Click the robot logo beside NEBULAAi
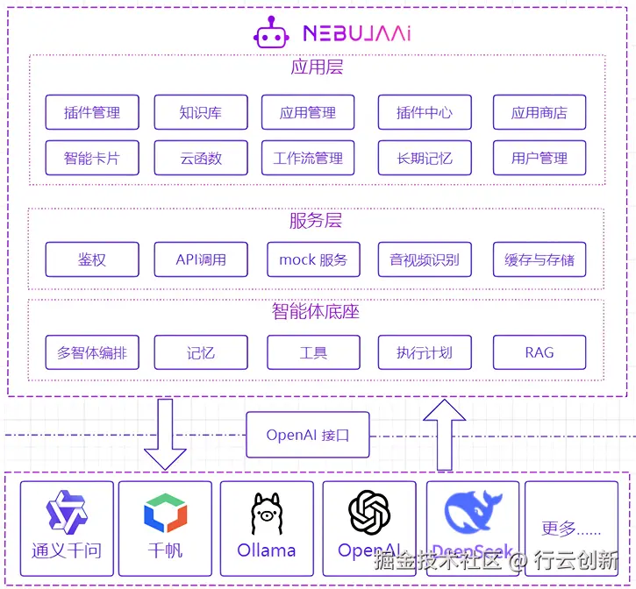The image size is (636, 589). click(271, 32)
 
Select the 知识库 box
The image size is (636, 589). click(201, 112)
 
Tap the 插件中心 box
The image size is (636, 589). click(425, 112)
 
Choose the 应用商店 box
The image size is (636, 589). click(539, 112)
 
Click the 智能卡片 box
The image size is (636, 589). click(92, 159)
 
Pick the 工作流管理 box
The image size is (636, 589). click(308, 159)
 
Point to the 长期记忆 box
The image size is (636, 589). click(425, 159)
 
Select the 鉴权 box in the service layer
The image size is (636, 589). click(92, 259)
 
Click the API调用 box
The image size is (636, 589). click(201, 259)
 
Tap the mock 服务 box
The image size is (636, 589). click(313, 259)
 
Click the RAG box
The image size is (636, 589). click(539, 352)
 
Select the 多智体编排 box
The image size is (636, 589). click(92, 352)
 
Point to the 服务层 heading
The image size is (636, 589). click(315, 221)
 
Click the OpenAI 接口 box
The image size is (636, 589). click(307, 435)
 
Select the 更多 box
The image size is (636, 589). click(571, 529)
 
